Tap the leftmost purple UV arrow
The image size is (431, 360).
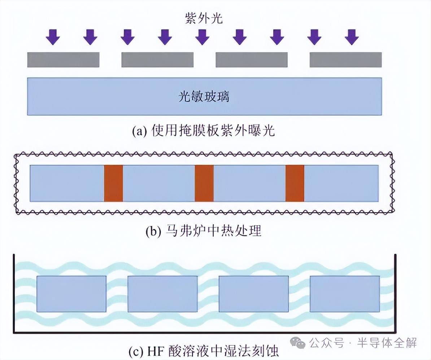tap(53, 36)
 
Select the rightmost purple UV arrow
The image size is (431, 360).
tap(352, 36)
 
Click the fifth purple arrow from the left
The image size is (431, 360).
tap(202, 36)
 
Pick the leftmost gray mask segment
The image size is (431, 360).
tap(63, 60)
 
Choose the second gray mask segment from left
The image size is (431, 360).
tap(157, 60)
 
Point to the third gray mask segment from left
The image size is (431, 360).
tap(252, 60)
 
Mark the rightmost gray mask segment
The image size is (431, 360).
tap(345, 60)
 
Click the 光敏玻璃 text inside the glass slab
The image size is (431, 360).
tap(204, 97)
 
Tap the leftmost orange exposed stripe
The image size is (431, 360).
tap(113, 183)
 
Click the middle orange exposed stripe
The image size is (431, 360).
tap(204, 183)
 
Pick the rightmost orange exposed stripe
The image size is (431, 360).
tap(295, 183)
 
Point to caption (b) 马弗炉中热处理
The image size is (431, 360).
tap(203, 231)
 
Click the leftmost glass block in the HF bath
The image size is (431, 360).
tap(71, 294)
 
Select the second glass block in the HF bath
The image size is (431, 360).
tap(162, 294)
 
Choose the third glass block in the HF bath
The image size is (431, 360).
tap(254, 294)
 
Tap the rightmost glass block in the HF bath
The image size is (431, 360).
tap(345, 294)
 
